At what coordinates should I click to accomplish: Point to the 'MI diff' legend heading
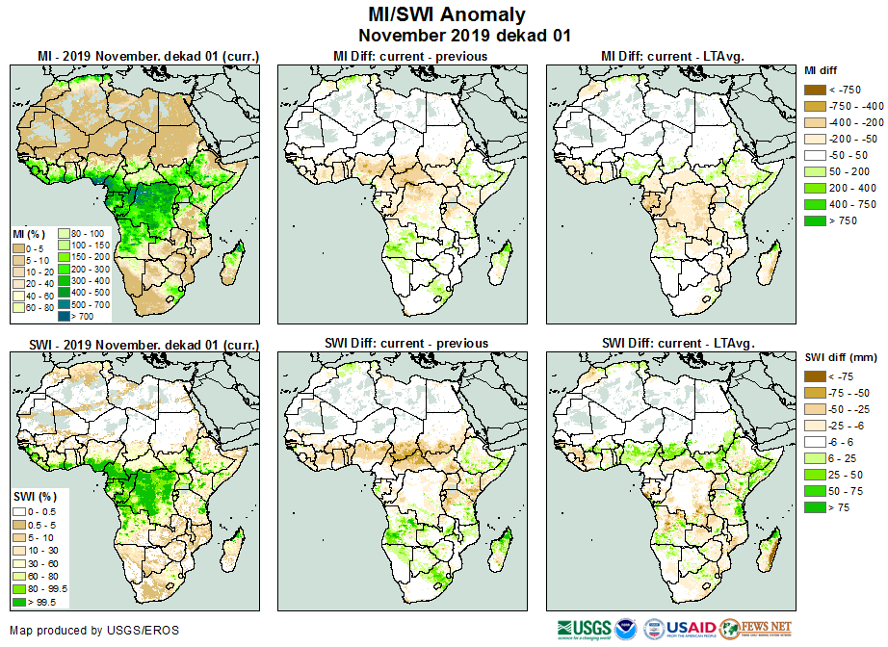(823, 70)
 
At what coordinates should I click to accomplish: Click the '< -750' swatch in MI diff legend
(815, 90)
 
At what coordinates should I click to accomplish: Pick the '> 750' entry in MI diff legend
(815, 220)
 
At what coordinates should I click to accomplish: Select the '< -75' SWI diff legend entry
(815, 376)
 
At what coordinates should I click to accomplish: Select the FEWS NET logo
(757, 629)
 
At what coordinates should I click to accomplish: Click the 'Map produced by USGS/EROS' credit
(94, 631)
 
